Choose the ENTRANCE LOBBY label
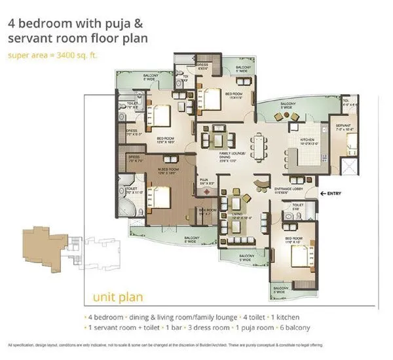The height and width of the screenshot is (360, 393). point(288,190)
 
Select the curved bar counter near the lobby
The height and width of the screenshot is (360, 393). point(259,182)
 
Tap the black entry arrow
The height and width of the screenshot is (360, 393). point(324,194)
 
